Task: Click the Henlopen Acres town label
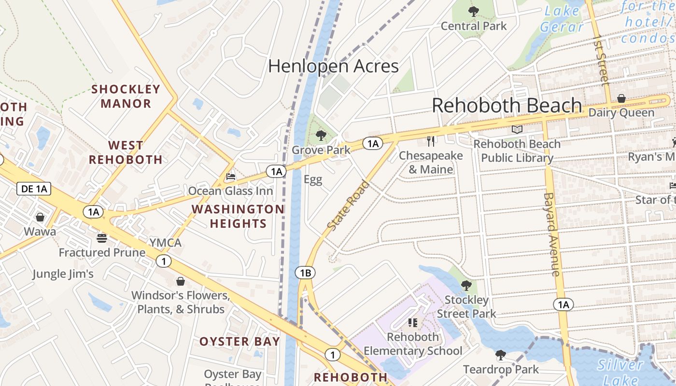pyautogui.click(x=333, y=66)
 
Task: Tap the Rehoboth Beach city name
pyautogui.click(x=507, y=105)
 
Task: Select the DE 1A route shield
pyautogui.click(x=34, y=189)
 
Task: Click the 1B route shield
pyautogui.click(x=305, y=273)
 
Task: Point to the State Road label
pyautogui.click(x=348, y=206)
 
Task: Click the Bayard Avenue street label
pyautogui.click(x=552, y=234)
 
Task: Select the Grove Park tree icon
pyautogui.click(x=321, y=136)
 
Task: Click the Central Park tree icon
pyautogui.click(x=474, y=11)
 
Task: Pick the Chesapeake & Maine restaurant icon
pyautogui.click(x=431, y=141)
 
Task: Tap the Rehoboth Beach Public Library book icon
pyautogui.click(x=517, y=129)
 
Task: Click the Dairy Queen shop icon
pyautogui.click(x=621, y=98)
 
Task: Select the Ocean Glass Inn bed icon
pyautogui.click(x=231, y=177)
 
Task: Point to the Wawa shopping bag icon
pyautogui.click(x=40, y=217)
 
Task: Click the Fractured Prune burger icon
pyautogui.click(x=101, y=238)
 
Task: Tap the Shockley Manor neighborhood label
pyautogui.click(x=126, y=96)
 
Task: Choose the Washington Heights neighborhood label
pyautogui.click(x=238, y=216)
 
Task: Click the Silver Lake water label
pyautogui.click(x=620, y=372)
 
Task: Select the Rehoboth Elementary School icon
pyautogui.click(x=413, y=322)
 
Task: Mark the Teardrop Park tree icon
pyautogui.click(x=501, y=355)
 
